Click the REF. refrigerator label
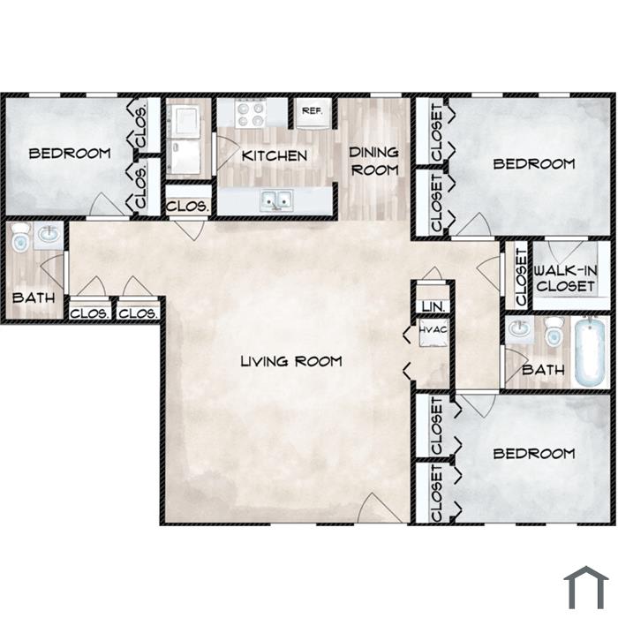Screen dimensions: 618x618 313,110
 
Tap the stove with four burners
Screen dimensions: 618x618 250,113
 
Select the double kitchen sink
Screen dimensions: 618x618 276,200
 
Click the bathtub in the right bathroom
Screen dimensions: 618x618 590,352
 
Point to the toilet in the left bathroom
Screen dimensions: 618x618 20,238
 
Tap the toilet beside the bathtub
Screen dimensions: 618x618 554,332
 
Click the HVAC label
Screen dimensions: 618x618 433,330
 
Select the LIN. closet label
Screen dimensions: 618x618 433,306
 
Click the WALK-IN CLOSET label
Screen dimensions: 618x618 566,278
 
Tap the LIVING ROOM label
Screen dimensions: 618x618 291,361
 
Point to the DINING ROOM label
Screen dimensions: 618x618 374,162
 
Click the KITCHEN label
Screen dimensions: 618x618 275,155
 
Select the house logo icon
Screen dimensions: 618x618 586,587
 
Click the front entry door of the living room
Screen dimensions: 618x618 379,509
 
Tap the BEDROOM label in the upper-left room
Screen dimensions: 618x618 70,154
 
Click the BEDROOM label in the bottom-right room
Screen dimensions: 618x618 534,454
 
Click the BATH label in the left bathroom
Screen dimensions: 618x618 34,298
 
